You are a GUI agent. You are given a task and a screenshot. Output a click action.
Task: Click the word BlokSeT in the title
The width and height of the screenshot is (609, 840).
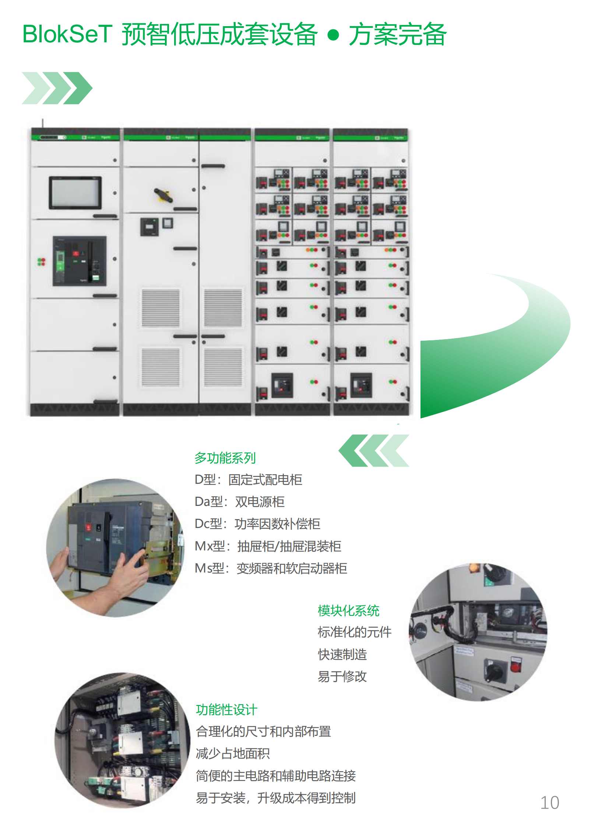pyautogui.click(x=67, y=34)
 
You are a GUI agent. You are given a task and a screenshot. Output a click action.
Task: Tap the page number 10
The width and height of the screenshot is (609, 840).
pyautogui.click(x=549, y=802)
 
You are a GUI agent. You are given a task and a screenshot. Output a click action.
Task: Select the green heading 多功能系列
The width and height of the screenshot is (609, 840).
pyautogui.click(x=225, y=458)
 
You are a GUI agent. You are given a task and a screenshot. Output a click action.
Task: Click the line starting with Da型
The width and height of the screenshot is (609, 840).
pyautogui.click(x=239, y=501)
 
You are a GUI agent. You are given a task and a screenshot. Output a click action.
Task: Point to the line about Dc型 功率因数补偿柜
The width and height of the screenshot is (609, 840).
pyautogui.click(x=257, y=524)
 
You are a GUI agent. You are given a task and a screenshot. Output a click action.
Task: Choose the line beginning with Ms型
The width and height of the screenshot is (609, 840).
pyautogui.click(x=271, y=568)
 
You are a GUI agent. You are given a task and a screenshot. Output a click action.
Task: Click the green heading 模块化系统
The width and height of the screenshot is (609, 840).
pyautogui.click(x=348, y=610)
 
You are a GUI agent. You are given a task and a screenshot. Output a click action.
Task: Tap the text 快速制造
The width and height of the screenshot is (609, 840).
pyautogui.click(x=342, y=655)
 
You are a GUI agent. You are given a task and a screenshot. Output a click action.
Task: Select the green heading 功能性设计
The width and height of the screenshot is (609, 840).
pyautogui.click(x=226, y=710)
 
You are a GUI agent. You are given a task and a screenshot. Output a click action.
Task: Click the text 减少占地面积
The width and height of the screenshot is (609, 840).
pyautogui.click(x=233, y=753)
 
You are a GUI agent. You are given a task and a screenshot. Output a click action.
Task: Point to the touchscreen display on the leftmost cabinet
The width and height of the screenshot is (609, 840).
pyautogui.click(x=75, y=192)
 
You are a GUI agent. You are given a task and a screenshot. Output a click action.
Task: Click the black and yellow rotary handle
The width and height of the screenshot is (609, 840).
pyautogui.click(x=163, y=195)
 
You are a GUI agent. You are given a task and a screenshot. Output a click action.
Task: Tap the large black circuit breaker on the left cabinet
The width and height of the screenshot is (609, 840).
pyautogui.click(x=79, y=261)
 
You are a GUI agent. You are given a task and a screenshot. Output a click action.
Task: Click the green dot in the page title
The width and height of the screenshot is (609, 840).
pyautogui.click(x=333, y=35)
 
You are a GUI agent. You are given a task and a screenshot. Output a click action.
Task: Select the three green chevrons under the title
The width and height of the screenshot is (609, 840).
pyautogui.click(x=57, y=88)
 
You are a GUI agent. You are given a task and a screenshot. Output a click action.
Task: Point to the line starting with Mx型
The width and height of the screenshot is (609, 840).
pyautogui.click(x=268, y=546)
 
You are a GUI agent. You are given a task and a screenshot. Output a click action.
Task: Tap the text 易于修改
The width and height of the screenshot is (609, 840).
pyautogui.click(x=342, y=676)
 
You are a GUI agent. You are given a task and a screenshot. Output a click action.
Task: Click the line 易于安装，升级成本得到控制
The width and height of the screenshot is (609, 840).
pyautogui.click(x=275, y=797)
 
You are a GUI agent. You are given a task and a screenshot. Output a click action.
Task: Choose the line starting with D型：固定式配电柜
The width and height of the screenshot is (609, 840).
pyautogui.click(x=248, y=480)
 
